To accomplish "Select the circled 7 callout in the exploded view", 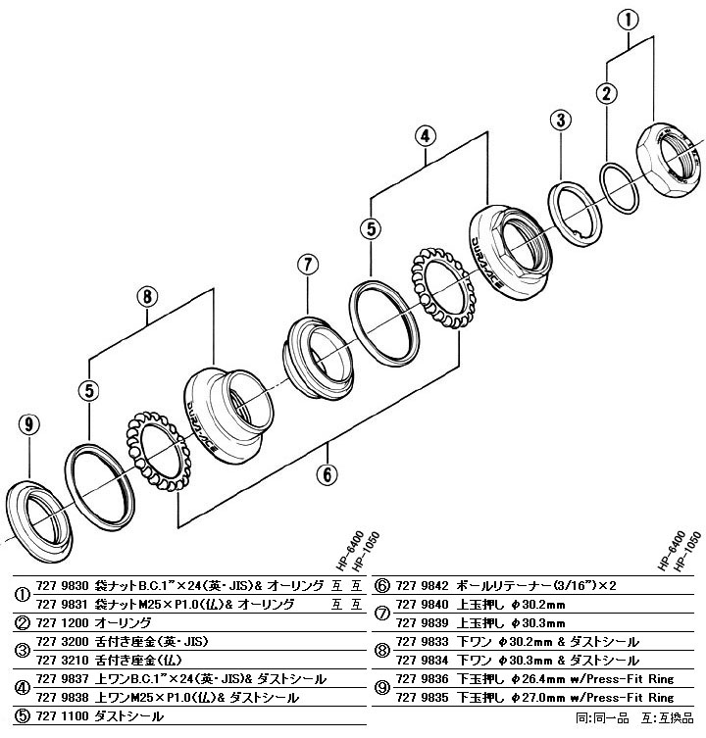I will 307,264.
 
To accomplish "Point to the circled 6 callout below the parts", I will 327,474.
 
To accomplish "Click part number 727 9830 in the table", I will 61,586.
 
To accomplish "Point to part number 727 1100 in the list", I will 61,716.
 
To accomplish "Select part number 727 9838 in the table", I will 61,698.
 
